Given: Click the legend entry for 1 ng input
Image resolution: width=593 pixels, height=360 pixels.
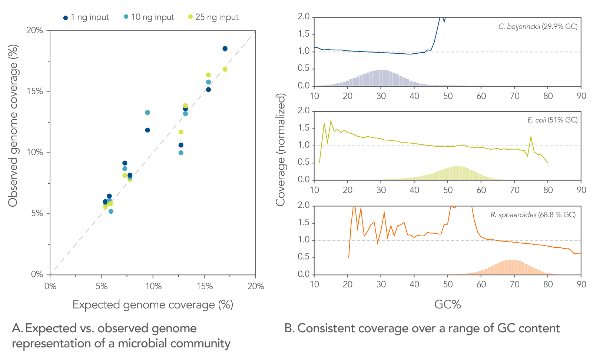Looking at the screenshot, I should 86,17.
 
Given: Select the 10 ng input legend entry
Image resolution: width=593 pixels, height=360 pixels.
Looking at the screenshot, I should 149,17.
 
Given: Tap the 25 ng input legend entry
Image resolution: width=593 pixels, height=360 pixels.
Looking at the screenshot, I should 213,17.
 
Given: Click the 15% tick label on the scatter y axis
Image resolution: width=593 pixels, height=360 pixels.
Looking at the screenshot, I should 35,91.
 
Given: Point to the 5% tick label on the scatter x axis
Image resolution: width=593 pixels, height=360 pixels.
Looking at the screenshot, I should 102,286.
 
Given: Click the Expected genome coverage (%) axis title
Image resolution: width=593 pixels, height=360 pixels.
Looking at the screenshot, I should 153,305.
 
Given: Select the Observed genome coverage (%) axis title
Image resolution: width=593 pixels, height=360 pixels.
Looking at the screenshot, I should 13,126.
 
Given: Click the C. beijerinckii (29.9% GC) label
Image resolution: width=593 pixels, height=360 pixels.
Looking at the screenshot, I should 538,27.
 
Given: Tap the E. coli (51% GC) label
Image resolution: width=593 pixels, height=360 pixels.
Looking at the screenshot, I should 552,120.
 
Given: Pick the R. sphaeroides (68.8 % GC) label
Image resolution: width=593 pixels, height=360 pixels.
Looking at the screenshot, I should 533,215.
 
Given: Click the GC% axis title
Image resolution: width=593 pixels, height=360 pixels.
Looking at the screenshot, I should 447,305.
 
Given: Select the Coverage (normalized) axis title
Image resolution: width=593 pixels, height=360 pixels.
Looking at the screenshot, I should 281,150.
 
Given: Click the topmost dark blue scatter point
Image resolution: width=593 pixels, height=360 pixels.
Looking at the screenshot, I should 225,49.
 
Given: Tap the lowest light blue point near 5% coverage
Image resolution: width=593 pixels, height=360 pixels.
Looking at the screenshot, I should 111,211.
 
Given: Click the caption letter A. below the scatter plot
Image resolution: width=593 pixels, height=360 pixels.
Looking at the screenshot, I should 17,329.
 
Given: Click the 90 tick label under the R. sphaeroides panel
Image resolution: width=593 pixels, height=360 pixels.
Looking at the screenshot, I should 581,284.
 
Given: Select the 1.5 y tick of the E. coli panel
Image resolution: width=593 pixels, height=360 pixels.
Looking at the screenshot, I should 304,129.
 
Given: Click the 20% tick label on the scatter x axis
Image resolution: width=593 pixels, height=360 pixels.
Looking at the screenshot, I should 256,286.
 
